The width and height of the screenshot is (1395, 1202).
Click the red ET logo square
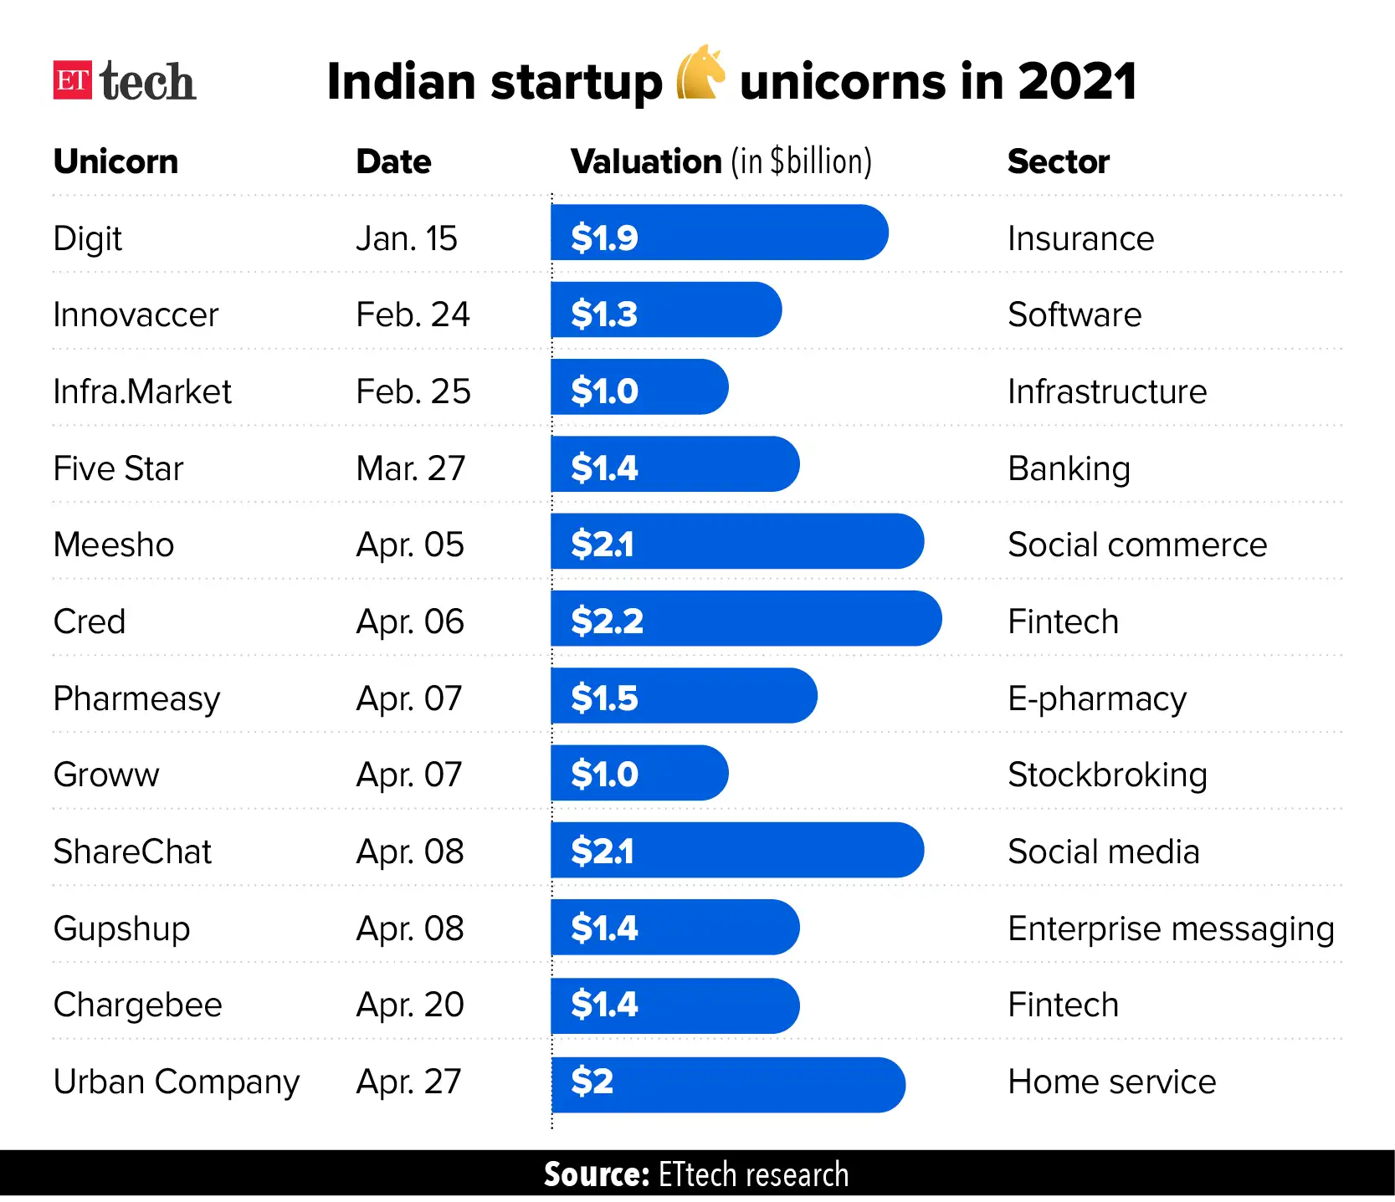(73, 80)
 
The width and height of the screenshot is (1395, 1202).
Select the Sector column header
(1058, 161)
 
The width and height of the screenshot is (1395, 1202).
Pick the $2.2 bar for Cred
(745, 619)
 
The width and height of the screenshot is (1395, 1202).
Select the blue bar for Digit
(718, 233)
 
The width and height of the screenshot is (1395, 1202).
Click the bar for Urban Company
(726, 1085)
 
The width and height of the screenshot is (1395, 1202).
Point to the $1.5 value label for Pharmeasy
(604, 698)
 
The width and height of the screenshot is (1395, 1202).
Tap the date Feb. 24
(413, 315)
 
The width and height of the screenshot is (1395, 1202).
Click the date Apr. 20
(409, 1005)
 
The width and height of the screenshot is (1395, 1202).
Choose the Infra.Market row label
(142, 391)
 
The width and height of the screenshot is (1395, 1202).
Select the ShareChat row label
(132, 852)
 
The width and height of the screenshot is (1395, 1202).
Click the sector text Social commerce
(1136, 545)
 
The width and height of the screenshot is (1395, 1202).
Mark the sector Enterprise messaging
(1170, 928)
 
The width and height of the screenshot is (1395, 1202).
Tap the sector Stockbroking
(1106, 775)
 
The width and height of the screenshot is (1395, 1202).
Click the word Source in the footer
(596, 1174)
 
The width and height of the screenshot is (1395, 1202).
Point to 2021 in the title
(1077, 81)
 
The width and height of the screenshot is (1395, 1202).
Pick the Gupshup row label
(121, 928)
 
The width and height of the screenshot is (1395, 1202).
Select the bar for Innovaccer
(665, 309)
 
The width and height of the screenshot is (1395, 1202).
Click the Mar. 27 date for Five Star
(410, 468)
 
